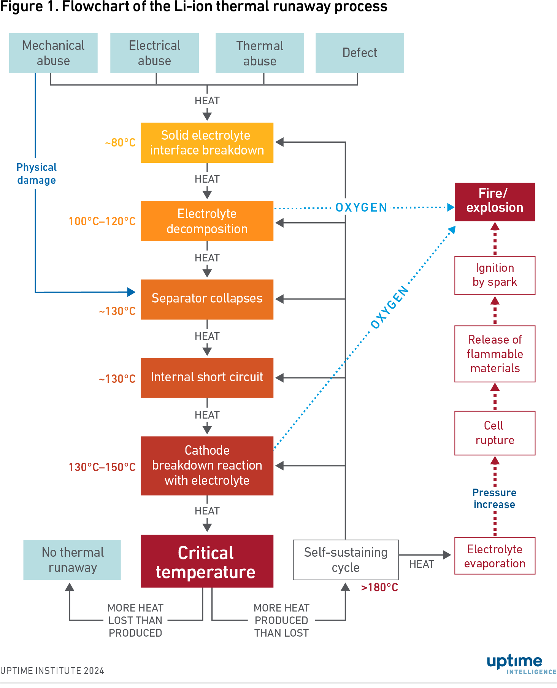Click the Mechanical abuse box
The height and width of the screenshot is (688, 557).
coord(53,53)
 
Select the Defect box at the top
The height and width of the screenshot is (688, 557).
coord(360,53)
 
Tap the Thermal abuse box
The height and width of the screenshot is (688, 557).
coord(260,53)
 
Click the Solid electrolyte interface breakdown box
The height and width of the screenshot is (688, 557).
coord(207,143)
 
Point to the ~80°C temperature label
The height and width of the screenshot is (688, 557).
coord(120,143)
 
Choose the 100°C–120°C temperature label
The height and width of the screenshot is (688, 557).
coord(102,221)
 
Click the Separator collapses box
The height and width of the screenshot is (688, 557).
coord(207,299)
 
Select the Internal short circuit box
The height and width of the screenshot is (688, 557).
coord(207,377)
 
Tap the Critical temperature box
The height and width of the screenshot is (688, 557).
coord(207,561)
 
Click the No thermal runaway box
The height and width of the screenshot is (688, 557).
coord(72,560)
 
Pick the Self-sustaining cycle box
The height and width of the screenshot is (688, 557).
coord(346,560)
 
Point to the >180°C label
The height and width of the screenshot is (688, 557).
coord(379,588)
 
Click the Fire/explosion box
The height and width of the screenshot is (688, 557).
coord(495,202)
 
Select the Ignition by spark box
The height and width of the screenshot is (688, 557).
coord(495,275)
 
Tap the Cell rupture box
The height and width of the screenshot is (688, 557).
coord(495,433)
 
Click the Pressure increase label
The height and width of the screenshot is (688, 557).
coord(494,498)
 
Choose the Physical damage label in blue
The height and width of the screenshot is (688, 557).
coord(36,174)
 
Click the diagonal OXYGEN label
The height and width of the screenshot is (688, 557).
coord(390,307)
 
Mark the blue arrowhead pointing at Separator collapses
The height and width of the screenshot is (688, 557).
coord(132,292)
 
